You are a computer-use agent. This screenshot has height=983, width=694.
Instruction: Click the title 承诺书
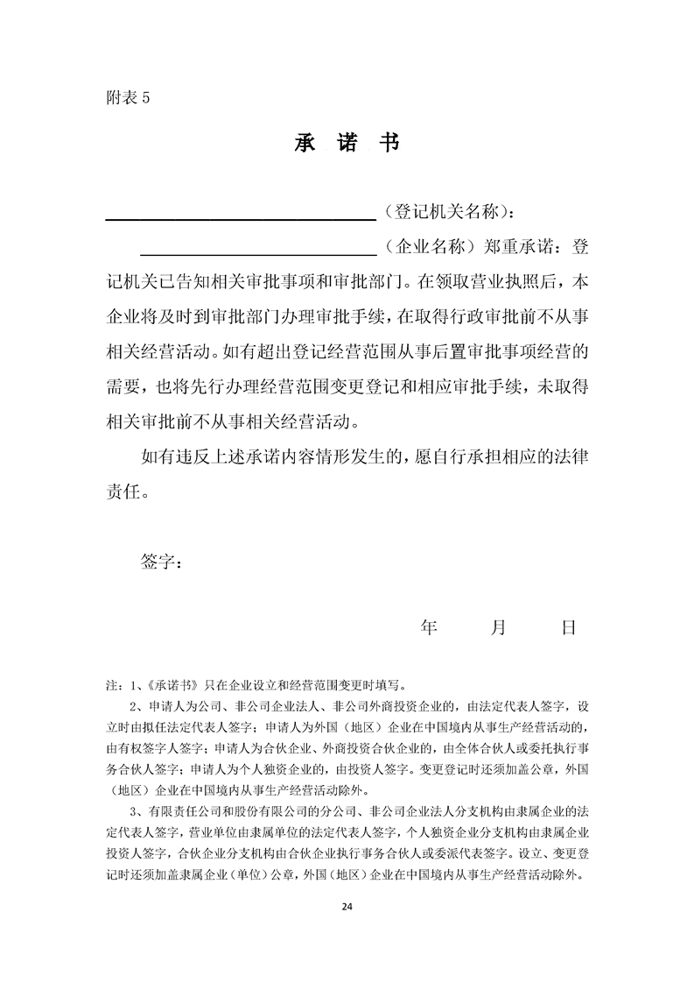(x=347, y=143)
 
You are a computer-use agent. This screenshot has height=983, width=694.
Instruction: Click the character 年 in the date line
(x=429, y=627)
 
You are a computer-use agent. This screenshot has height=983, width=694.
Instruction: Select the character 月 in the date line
(x=499, y=627)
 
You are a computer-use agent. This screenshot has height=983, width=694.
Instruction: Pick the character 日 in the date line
(x=569, y=627)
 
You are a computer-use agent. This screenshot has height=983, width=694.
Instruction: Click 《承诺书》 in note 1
(x=177, y=686)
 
